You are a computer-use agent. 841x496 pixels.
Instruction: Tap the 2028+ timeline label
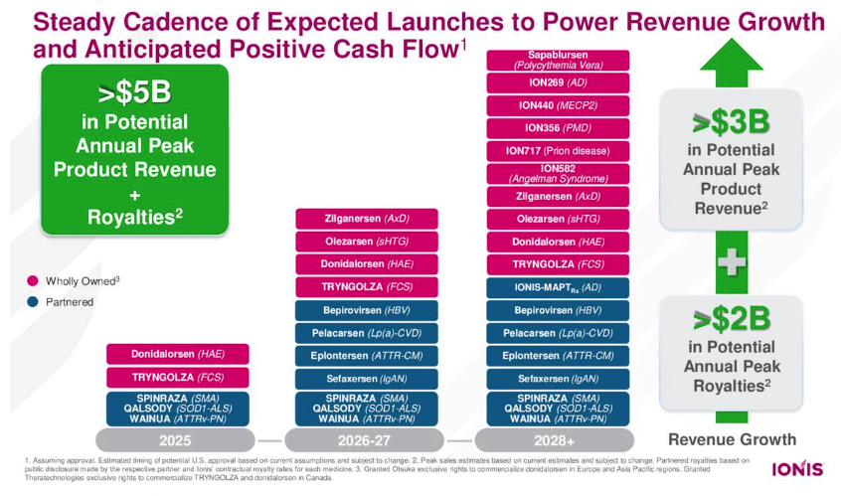click(x=558, y=439)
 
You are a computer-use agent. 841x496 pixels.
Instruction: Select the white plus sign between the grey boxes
click(x=732, y=263)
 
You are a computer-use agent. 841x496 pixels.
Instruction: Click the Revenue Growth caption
click(x=732, y=439)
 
